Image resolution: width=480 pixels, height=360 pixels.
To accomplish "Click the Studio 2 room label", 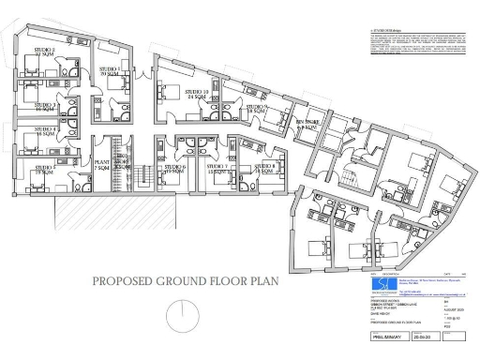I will click(44, 52).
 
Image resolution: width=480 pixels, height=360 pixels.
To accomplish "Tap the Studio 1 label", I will click(109, 71).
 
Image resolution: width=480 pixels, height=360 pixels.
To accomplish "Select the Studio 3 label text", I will click(45, 107).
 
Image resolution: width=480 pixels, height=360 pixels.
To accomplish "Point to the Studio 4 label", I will click(45, 131).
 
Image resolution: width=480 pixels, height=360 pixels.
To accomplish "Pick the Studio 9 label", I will click(258, 110).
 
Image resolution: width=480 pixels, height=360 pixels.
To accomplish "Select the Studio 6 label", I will click(175, 170).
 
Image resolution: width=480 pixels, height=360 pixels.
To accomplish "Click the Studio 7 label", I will click(218, 171).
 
